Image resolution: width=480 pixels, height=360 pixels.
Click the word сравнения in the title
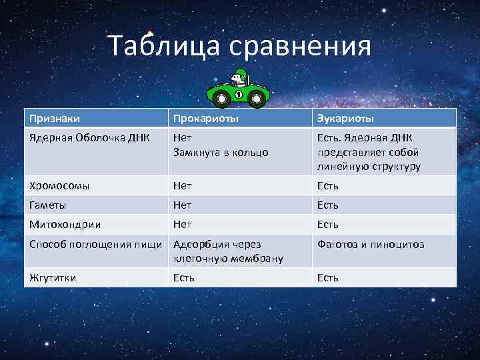pos(300,47)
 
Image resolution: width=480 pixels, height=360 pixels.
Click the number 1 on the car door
pos(239,95)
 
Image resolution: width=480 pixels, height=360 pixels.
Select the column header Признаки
pos(54,119)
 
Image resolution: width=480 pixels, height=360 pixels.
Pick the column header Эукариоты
pos(345,119)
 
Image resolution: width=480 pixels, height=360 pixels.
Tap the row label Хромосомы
pos(59,185)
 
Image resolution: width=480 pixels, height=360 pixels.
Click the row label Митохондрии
pos(61,225)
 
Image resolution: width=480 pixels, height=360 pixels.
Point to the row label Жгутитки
pos(52,277)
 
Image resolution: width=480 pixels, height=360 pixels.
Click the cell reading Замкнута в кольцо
pos(221,152)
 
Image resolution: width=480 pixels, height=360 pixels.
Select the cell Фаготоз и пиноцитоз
pos(370,245)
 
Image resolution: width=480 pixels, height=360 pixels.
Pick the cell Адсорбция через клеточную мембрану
pos(227,251)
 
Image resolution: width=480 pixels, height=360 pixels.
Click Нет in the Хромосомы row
pos(182,185)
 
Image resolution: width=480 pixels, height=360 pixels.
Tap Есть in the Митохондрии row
pos(327,225)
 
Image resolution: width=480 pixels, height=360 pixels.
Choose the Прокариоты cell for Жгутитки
pos(183,277)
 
